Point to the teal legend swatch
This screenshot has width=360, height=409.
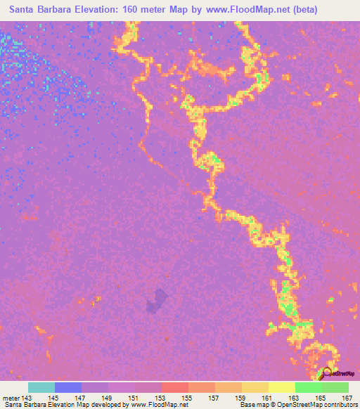(41, 387)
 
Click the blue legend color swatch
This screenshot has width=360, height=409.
(68, 387)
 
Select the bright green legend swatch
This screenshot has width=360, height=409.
(308, 387)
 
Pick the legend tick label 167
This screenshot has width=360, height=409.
(347, 397)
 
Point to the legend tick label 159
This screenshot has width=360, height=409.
(241, 397)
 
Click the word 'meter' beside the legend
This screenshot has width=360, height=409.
(10, 397)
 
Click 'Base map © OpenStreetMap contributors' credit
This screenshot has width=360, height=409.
(297, 405)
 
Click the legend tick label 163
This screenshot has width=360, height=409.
(295, 397)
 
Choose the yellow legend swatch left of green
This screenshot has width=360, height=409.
(281, 387)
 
